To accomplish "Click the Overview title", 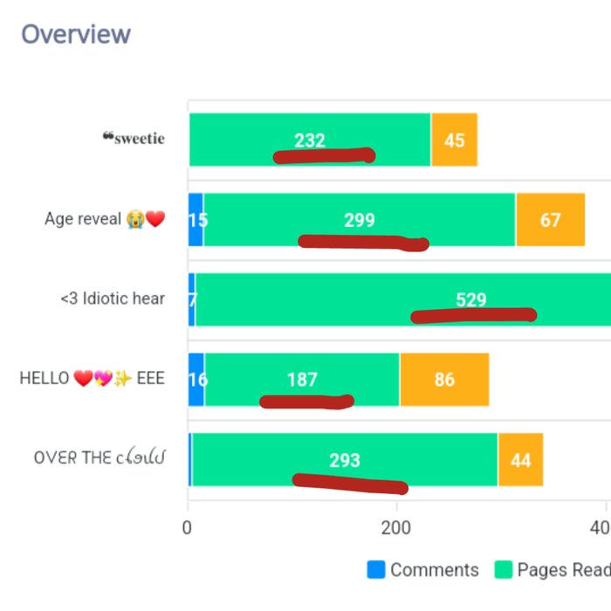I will [76, 34].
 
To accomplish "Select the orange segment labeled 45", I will [454, 140].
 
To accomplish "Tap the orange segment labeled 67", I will [550, 220].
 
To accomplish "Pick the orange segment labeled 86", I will [444, 380].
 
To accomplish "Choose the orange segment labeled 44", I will [520, 460].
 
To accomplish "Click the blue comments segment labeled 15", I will [196, 220].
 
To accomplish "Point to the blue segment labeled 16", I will [197, 380].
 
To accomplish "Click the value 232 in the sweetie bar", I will [310, 140].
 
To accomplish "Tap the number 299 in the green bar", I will [359, 220].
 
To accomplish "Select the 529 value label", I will [470, 300].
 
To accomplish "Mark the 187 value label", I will [302, 380].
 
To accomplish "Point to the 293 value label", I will [345, 460].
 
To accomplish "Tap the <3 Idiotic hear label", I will [113, 299].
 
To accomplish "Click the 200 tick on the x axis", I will [397, 527].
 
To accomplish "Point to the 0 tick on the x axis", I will [188, 527].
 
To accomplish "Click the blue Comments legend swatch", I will [376, 570].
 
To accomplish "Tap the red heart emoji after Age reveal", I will [155, 219].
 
